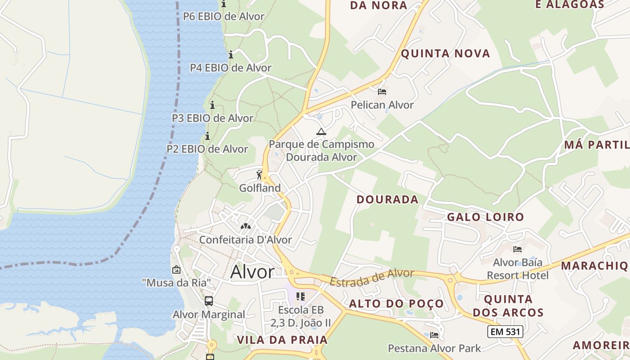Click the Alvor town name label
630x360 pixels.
click(x=252, y=272)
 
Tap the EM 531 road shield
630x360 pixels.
click(x=505, y=332)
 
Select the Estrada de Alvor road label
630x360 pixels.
click(x=372, y=277)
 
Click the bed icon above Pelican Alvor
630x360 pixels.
click(x=382, y=92)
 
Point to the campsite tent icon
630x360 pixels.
click(x=321, y=131)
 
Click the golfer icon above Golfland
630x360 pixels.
click(x=259, y=175)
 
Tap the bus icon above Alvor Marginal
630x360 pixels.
click(x=209, y=301)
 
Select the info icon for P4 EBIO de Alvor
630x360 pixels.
click(x=231, y=55)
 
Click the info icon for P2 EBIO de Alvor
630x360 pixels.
click(x=207, y=136)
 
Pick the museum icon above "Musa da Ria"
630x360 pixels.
click(x=176, y=270)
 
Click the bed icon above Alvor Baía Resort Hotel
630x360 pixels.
click(x=517, y=249)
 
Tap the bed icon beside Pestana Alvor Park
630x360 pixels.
click(x=434, y=335)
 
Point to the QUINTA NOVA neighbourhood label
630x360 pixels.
click(x=445, y=54)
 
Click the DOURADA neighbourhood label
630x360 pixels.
click(x=387, y=199)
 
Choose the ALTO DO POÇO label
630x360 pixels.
click(x=396, y=304)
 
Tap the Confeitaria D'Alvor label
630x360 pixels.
click(x=245, y=240)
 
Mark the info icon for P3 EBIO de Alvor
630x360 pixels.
click(x=212, y=105)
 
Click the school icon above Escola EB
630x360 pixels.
click(x=301, y=297)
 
